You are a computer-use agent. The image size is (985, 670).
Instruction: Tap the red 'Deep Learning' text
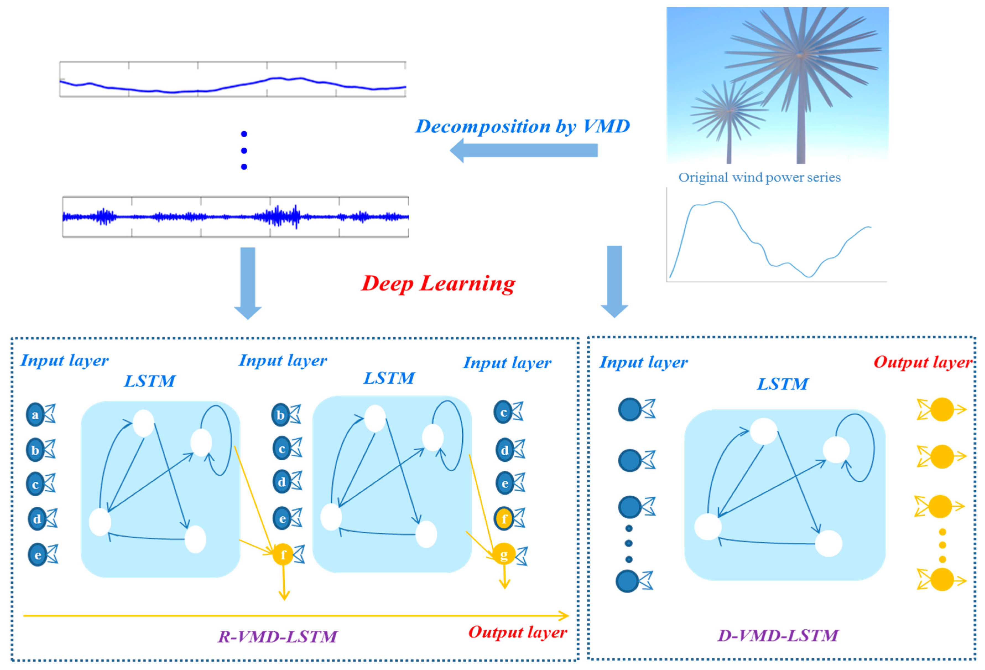(x=438, y=283)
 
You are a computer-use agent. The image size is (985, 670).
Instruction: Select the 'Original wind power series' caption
(x=759, y=177)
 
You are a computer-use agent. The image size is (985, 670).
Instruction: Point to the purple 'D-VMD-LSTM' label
(x=778, y=635)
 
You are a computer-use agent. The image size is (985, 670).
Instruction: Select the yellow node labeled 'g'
(x=504, y=554)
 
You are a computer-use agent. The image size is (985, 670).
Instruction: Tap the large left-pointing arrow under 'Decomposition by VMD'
(x=523, y=151)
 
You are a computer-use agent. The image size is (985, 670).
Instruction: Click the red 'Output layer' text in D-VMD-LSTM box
(x=923, y=362)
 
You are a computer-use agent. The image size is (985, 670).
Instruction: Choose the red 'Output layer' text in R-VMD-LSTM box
(x=517, y=632)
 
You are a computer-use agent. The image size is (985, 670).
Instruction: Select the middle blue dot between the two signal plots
(x=244, y=151)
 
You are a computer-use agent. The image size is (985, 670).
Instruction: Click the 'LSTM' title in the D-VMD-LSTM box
(x=782, y=384)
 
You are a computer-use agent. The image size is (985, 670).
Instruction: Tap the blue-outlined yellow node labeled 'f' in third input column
(x=504, y=519)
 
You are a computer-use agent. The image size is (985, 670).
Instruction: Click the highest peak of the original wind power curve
(x=718, y=202)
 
